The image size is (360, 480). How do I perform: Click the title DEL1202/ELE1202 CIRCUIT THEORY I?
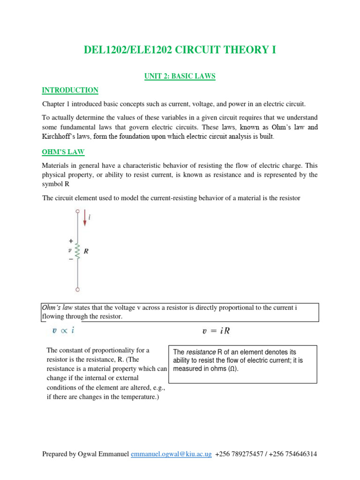tap(180, 50)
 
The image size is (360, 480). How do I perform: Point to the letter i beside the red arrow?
tap(90, 217)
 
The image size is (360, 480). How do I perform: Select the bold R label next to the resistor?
tap(86, 252)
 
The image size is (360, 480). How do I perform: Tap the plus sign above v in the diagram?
tap(70, 240)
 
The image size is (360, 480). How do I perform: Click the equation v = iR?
tap(216, 331)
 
